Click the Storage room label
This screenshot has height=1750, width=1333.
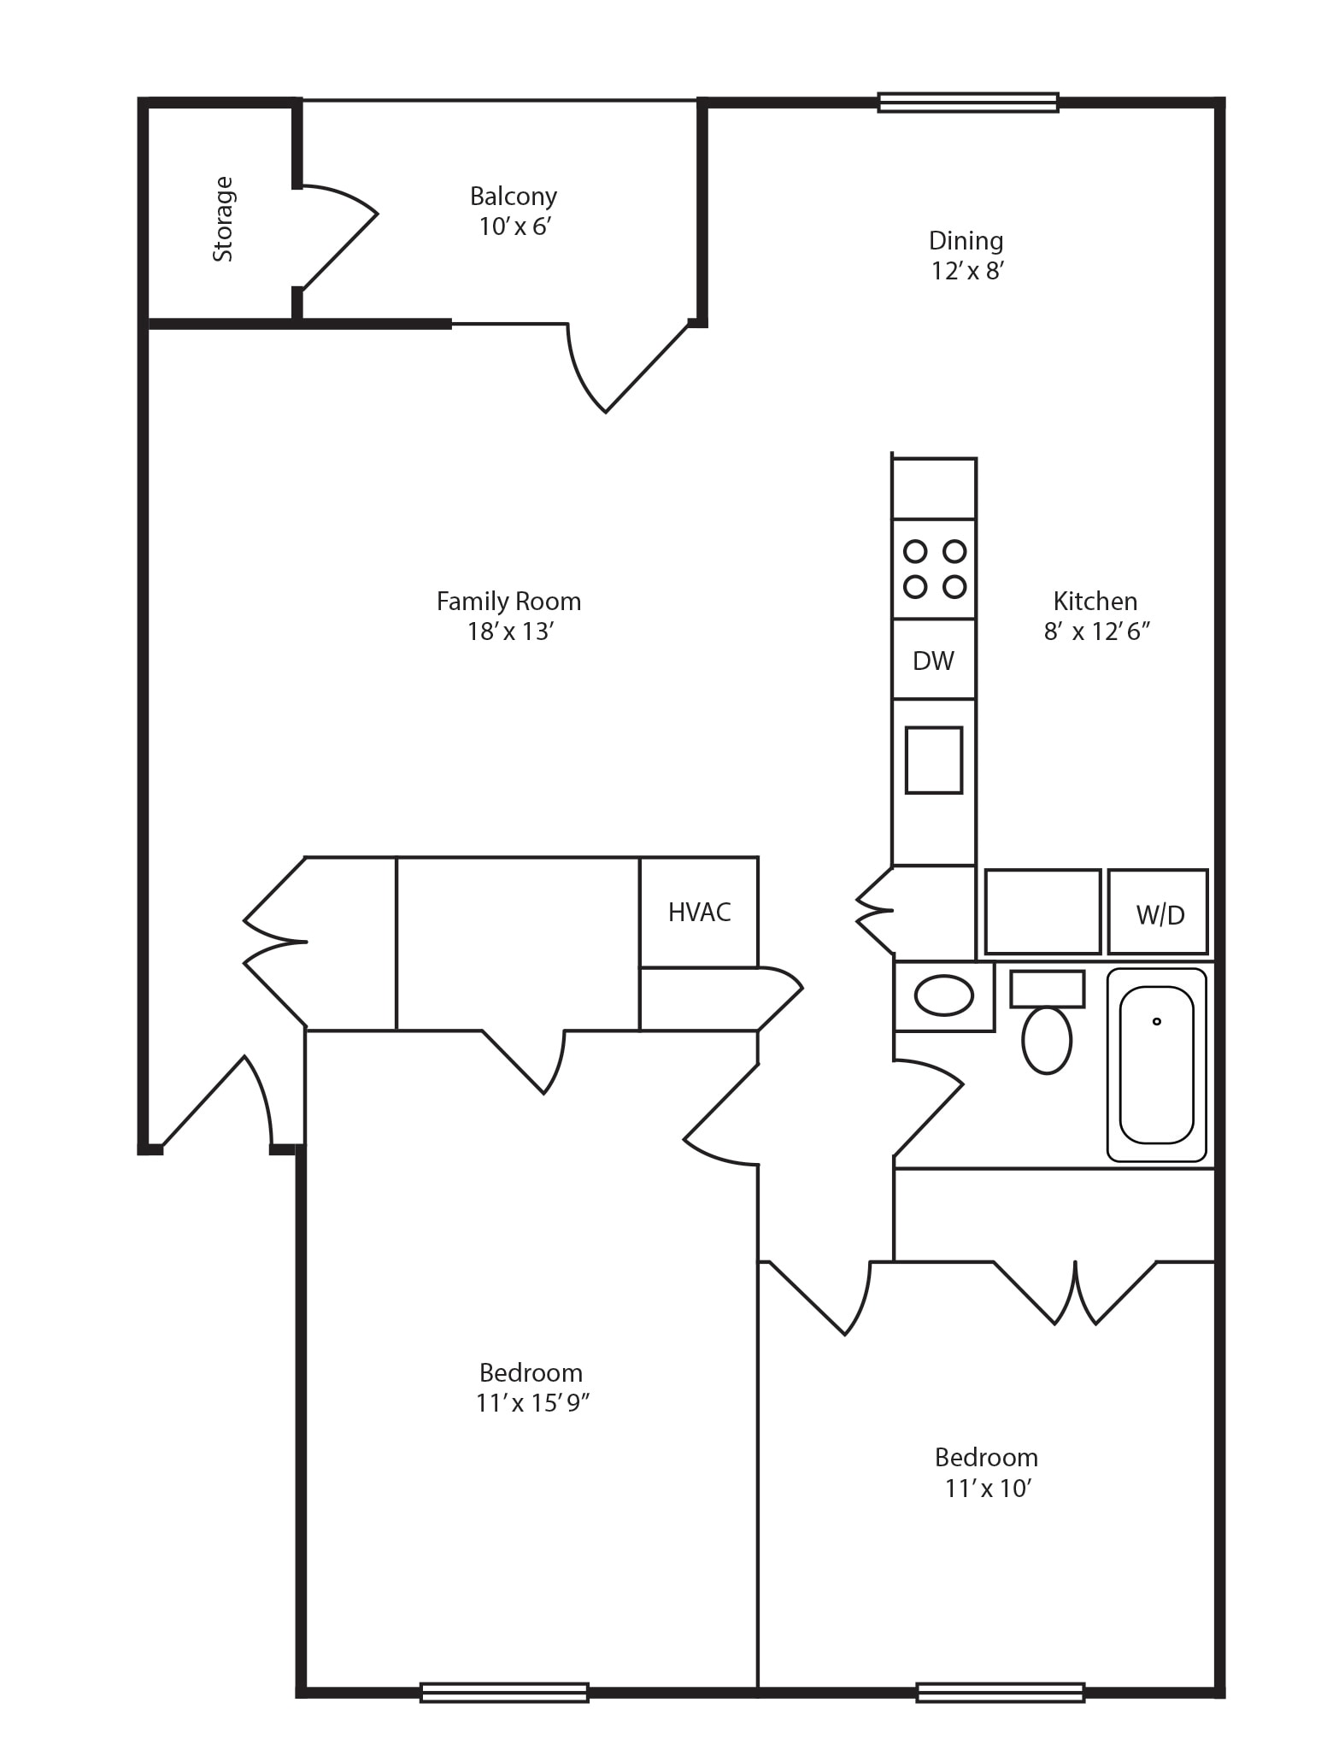(223, 219)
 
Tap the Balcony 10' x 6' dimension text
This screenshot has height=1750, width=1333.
(513, 227)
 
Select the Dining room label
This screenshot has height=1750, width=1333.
(966, 240)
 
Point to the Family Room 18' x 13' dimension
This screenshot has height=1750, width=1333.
(511, 631)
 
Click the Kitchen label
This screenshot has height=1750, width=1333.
(1095, 602)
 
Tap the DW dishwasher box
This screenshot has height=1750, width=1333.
(934, 660)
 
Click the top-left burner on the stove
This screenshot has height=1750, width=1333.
(915, 551)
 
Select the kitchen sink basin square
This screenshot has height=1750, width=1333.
(934, 760)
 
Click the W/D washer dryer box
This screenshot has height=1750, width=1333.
(1159, 912)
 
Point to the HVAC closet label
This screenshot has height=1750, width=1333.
(700, 913)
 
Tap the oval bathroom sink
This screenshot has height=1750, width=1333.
(943, 995)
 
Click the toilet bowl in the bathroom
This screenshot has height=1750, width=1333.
(1047, 1040)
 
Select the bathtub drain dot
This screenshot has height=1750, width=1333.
(1157, 1021)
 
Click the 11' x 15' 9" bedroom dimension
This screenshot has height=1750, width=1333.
(533, 1403)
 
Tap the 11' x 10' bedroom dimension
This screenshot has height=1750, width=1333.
(989, 1489)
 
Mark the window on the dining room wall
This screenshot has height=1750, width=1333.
(968, 103)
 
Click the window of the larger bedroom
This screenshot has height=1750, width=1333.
(504, 1693)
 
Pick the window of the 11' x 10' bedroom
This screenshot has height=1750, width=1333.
(1001, 1693)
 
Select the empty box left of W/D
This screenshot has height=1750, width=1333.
(1042, 912)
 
